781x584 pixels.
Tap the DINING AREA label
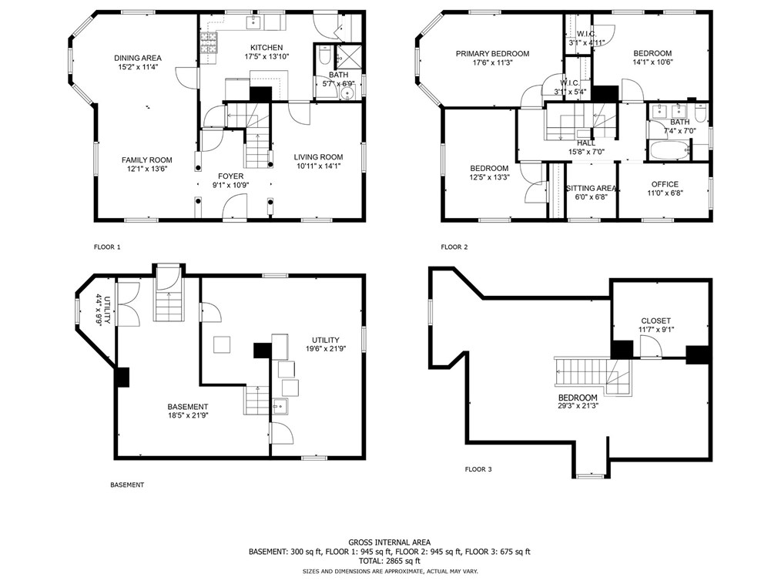(138, 58)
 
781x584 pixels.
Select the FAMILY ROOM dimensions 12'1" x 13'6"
(146, 169)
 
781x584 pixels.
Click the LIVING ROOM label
(318, 157)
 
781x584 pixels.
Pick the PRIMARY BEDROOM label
(492, 54)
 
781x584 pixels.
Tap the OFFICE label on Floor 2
(664, 184)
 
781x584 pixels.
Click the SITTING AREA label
(591, 188)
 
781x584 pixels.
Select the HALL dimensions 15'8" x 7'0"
(585, 152)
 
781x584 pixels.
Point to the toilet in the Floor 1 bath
(324, 58)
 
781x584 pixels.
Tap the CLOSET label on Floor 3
(655, 321)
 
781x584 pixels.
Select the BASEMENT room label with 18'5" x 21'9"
(188, 407)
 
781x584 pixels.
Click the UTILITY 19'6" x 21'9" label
(324, 340)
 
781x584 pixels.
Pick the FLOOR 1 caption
(107, 247)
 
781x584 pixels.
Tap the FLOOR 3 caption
(478, 468)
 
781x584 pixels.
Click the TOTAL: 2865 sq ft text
(390, 562)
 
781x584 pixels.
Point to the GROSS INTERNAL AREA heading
(389, 542)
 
